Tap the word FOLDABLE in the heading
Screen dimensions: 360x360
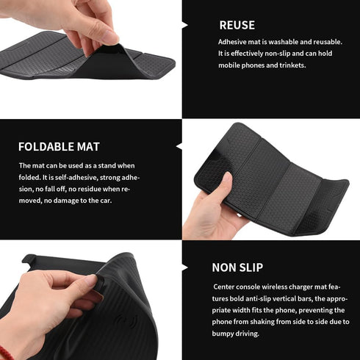43,146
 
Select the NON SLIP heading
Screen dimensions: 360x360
237,267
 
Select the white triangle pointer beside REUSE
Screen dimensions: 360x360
184,25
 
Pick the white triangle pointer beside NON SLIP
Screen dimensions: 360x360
184,267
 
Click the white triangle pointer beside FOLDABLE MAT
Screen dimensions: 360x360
179,146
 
